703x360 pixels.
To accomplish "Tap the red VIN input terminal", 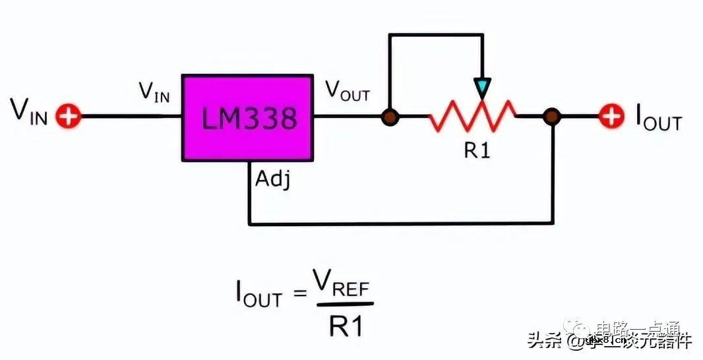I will pyautogui.click(x=67, y=117).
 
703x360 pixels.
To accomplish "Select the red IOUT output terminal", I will pyautogui.click(x=611, y=117).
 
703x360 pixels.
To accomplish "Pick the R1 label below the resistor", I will pyautogui.click(x=476, y=151).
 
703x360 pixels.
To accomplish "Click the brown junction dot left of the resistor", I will pyautogui.click(x=390, y=117).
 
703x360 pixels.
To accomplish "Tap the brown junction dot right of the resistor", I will pyautogui.click(x=551, y=117).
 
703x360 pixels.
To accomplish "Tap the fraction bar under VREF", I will pyautogui.click(x=345, y=305).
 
